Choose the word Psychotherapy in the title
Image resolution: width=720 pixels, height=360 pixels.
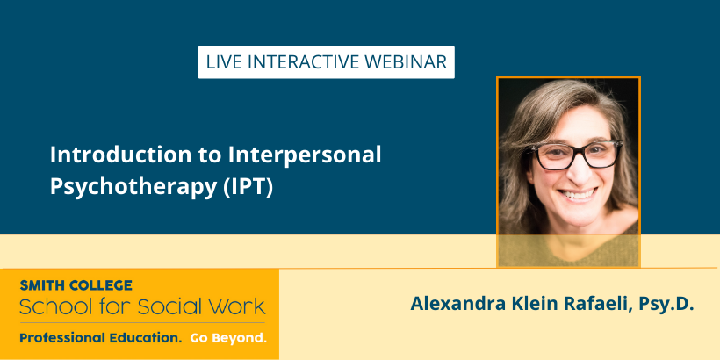tap(133, 187)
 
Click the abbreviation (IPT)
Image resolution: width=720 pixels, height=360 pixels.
tap(248, 187)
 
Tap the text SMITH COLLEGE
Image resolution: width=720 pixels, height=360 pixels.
tap(76, 285)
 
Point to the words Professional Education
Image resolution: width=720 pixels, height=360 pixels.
tap(101, 338)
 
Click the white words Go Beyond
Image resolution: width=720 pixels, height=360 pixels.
tap(228, 338)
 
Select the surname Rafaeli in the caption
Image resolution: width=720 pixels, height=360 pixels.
tap(592, 304)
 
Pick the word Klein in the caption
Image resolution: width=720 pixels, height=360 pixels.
tap(531, 304)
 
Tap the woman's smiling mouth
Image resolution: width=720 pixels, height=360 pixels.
tap(577, 194)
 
